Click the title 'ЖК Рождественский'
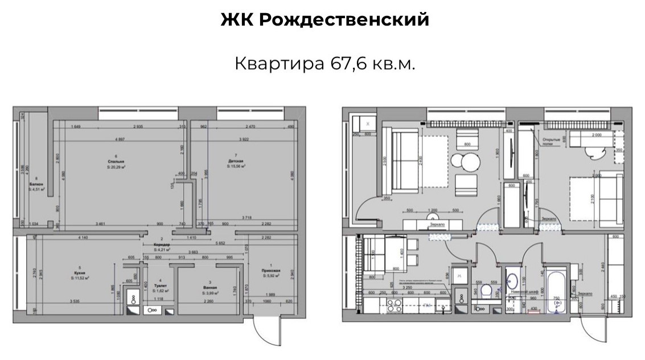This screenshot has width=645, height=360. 324,21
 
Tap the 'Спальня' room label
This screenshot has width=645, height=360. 116,162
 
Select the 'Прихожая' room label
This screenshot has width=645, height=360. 270,272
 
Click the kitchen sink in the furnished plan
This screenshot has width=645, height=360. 442,308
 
